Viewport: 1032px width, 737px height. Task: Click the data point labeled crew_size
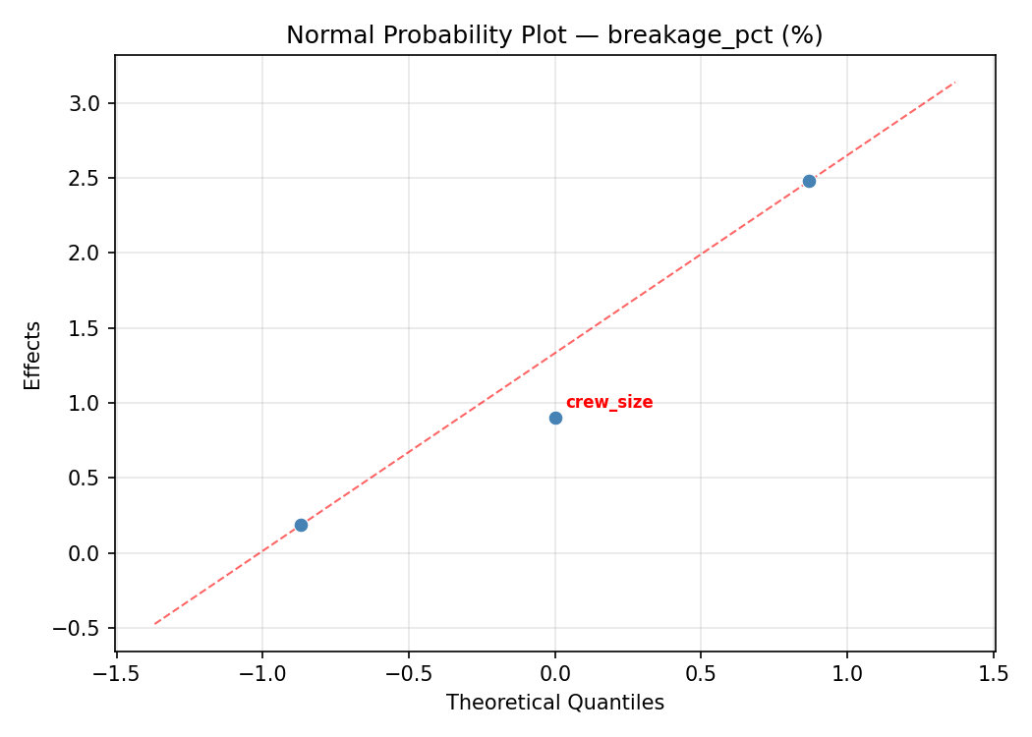(555, 418)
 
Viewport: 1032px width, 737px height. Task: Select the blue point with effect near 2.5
(809, 181)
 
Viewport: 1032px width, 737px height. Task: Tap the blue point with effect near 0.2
(301, 525)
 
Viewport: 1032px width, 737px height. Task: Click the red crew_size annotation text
(608, 403)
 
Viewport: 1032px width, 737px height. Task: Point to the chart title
(554, 35)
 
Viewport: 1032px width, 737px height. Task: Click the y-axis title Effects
(33, 355)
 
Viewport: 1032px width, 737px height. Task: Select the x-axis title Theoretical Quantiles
(555, 703)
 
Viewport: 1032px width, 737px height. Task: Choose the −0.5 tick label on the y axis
(81, 628)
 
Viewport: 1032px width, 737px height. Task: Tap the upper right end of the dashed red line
(954, 82)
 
